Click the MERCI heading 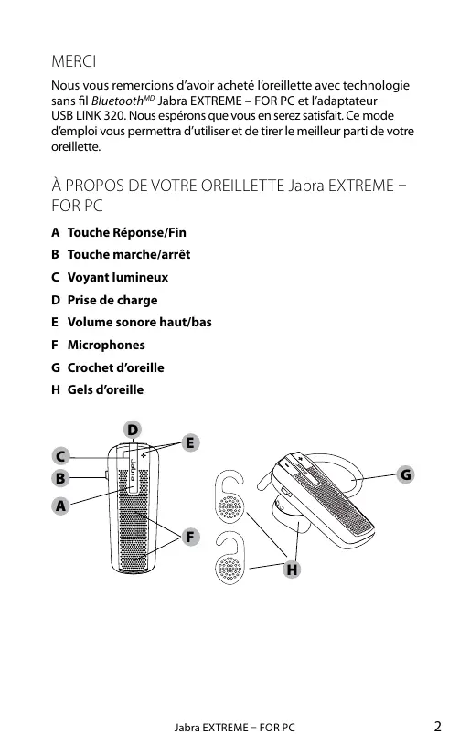[x=74, y=61]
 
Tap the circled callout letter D [x=133, y=429]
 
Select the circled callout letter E [x=190, y=442]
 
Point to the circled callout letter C [x=60, y=455]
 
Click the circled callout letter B [x=60, y=478]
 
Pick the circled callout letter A [x=60, y=506]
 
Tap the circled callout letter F [x=190, y=537]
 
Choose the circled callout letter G [x=406, y=474]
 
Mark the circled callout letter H [x=292, y=570]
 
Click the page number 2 [x=437, y=726]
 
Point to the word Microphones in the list [x=106, y=345]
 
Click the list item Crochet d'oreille [x=116, y=367]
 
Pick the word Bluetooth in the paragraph [x=118, y=101]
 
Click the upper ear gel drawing [x=230, y=496]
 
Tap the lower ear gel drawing [x=230, y=558]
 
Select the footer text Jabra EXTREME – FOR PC [x=234, y=727]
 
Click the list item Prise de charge [x=112, y=300]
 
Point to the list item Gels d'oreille [x=105, y=389]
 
